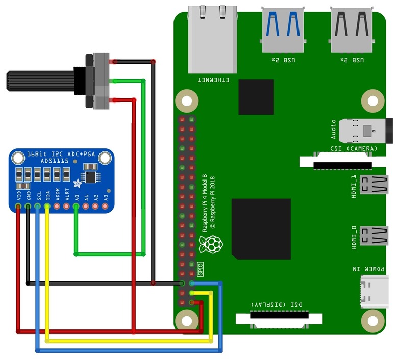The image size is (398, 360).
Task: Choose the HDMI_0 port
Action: (x=372, y=236)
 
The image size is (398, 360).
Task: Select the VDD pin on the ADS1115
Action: (x=18, y=207)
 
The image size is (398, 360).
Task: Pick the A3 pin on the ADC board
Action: (x=105, y=207)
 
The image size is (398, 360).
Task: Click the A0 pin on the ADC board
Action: (x=76, y=207)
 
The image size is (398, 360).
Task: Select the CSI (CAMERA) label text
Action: (x=353, y=149)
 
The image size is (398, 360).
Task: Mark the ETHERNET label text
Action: (x=213, y=80)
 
